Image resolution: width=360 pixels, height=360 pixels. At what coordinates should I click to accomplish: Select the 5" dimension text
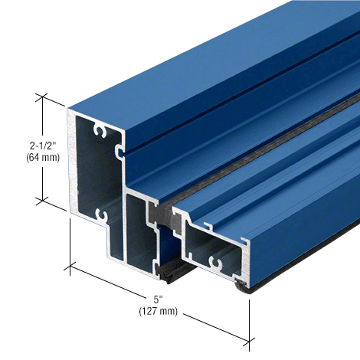157,299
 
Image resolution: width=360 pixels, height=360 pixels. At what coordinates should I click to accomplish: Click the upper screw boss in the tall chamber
98,133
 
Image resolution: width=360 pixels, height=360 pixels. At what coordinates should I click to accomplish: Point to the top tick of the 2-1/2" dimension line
42,97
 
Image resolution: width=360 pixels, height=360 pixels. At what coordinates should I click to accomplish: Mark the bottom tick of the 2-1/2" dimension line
42,201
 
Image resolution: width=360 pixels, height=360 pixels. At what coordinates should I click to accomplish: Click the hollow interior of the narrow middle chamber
142,230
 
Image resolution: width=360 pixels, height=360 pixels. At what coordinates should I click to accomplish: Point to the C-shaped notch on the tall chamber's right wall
118,151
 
